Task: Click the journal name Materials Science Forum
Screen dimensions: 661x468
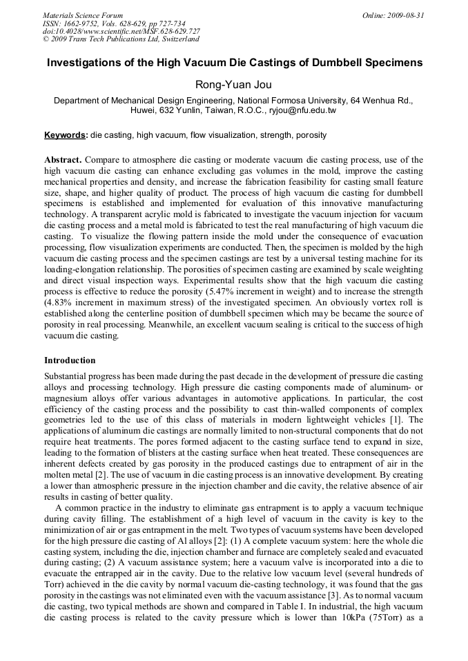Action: [x=83, y=14]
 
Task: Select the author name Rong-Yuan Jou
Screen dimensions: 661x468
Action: [x=233, y=85]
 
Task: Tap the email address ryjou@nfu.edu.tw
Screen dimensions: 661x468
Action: [x=303, y=110]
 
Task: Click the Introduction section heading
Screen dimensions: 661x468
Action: [x=70, y=360]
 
